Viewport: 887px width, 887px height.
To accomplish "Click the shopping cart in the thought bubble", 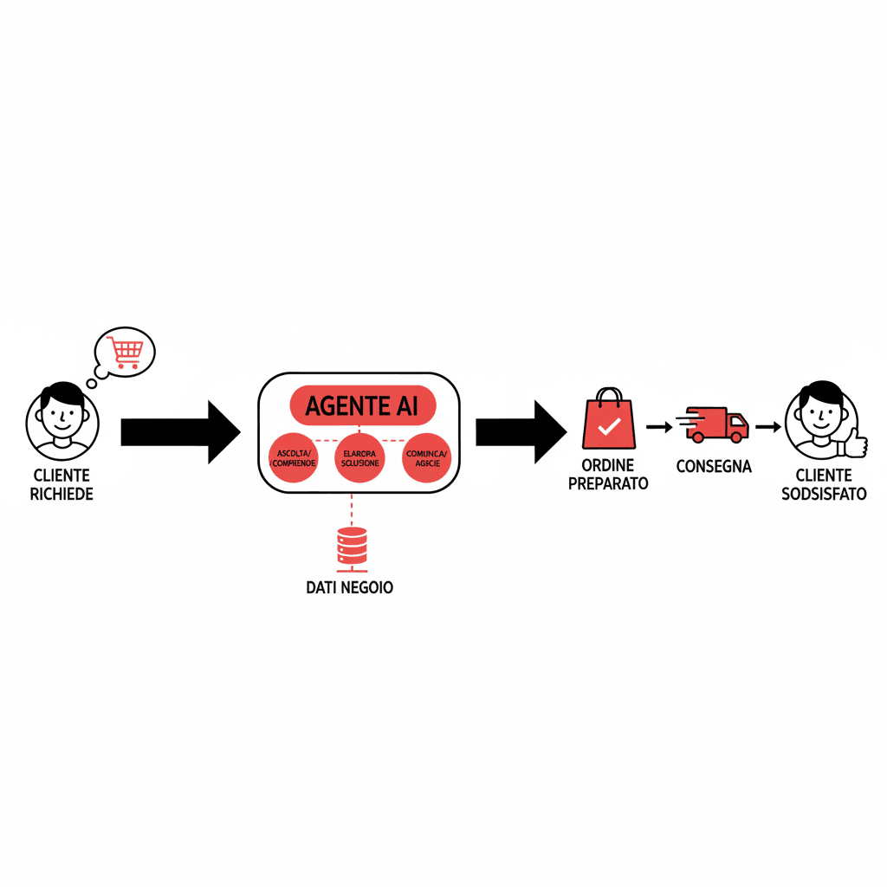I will coord(126,353).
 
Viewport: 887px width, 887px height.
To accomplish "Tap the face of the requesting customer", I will coord(62,415).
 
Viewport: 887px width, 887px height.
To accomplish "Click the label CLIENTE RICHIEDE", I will coord(62,485).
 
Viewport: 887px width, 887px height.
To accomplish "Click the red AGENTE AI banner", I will coord(361,405).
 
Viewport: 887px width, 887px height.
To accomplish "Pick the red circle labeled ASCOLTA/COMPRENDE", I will coord(294,457).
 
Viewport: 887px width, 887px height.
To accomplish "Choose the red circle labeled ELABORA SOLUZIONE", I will coord(359,457).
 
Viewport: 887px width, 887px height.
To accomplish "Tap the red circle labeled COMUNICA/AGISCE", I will coord(426,457).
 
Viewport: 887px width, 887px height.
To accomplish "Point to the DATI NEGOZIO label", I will coord(350,587).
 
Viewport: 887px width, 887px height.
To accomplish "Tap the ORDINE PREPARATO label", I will coord(608,476).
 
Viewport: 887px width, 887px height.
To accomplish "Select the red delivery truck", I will coord(716,423).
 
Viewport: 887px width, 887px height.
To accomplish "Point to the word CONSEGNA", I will coord(714,467).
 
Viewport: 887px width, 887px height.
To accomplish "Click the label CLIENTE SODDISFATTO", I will coord(823,485).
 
